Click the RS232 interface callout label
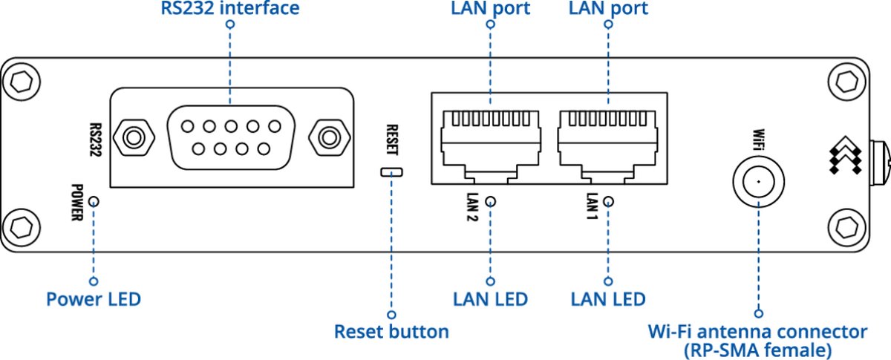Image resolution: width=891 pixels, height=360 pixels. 229,9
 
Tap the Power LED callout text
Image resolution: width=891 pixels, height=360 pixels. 94,300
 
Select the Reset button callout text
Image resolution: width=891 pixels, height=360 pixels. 391,331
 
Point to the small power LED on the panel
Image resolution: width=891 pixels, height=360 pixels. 94,201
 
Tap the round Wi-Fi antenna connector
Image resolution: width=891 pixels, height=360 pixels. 758,181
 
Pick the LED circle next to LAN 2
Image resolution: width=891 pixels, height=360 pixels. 490,201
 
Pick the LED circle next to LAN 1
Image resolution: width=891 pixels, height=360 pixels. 609,201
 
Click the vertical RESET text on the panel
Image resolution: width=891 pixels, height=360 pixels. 392,138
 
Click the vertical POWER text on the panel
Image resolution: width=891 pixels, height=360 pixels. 77,204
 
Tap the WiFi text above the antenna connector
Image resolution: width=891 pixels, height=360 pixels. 758,139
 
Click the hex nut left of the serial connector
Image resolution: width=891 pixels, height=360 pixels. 134,137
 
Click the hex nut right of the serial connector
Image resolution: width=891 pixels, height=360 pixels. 325,137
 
